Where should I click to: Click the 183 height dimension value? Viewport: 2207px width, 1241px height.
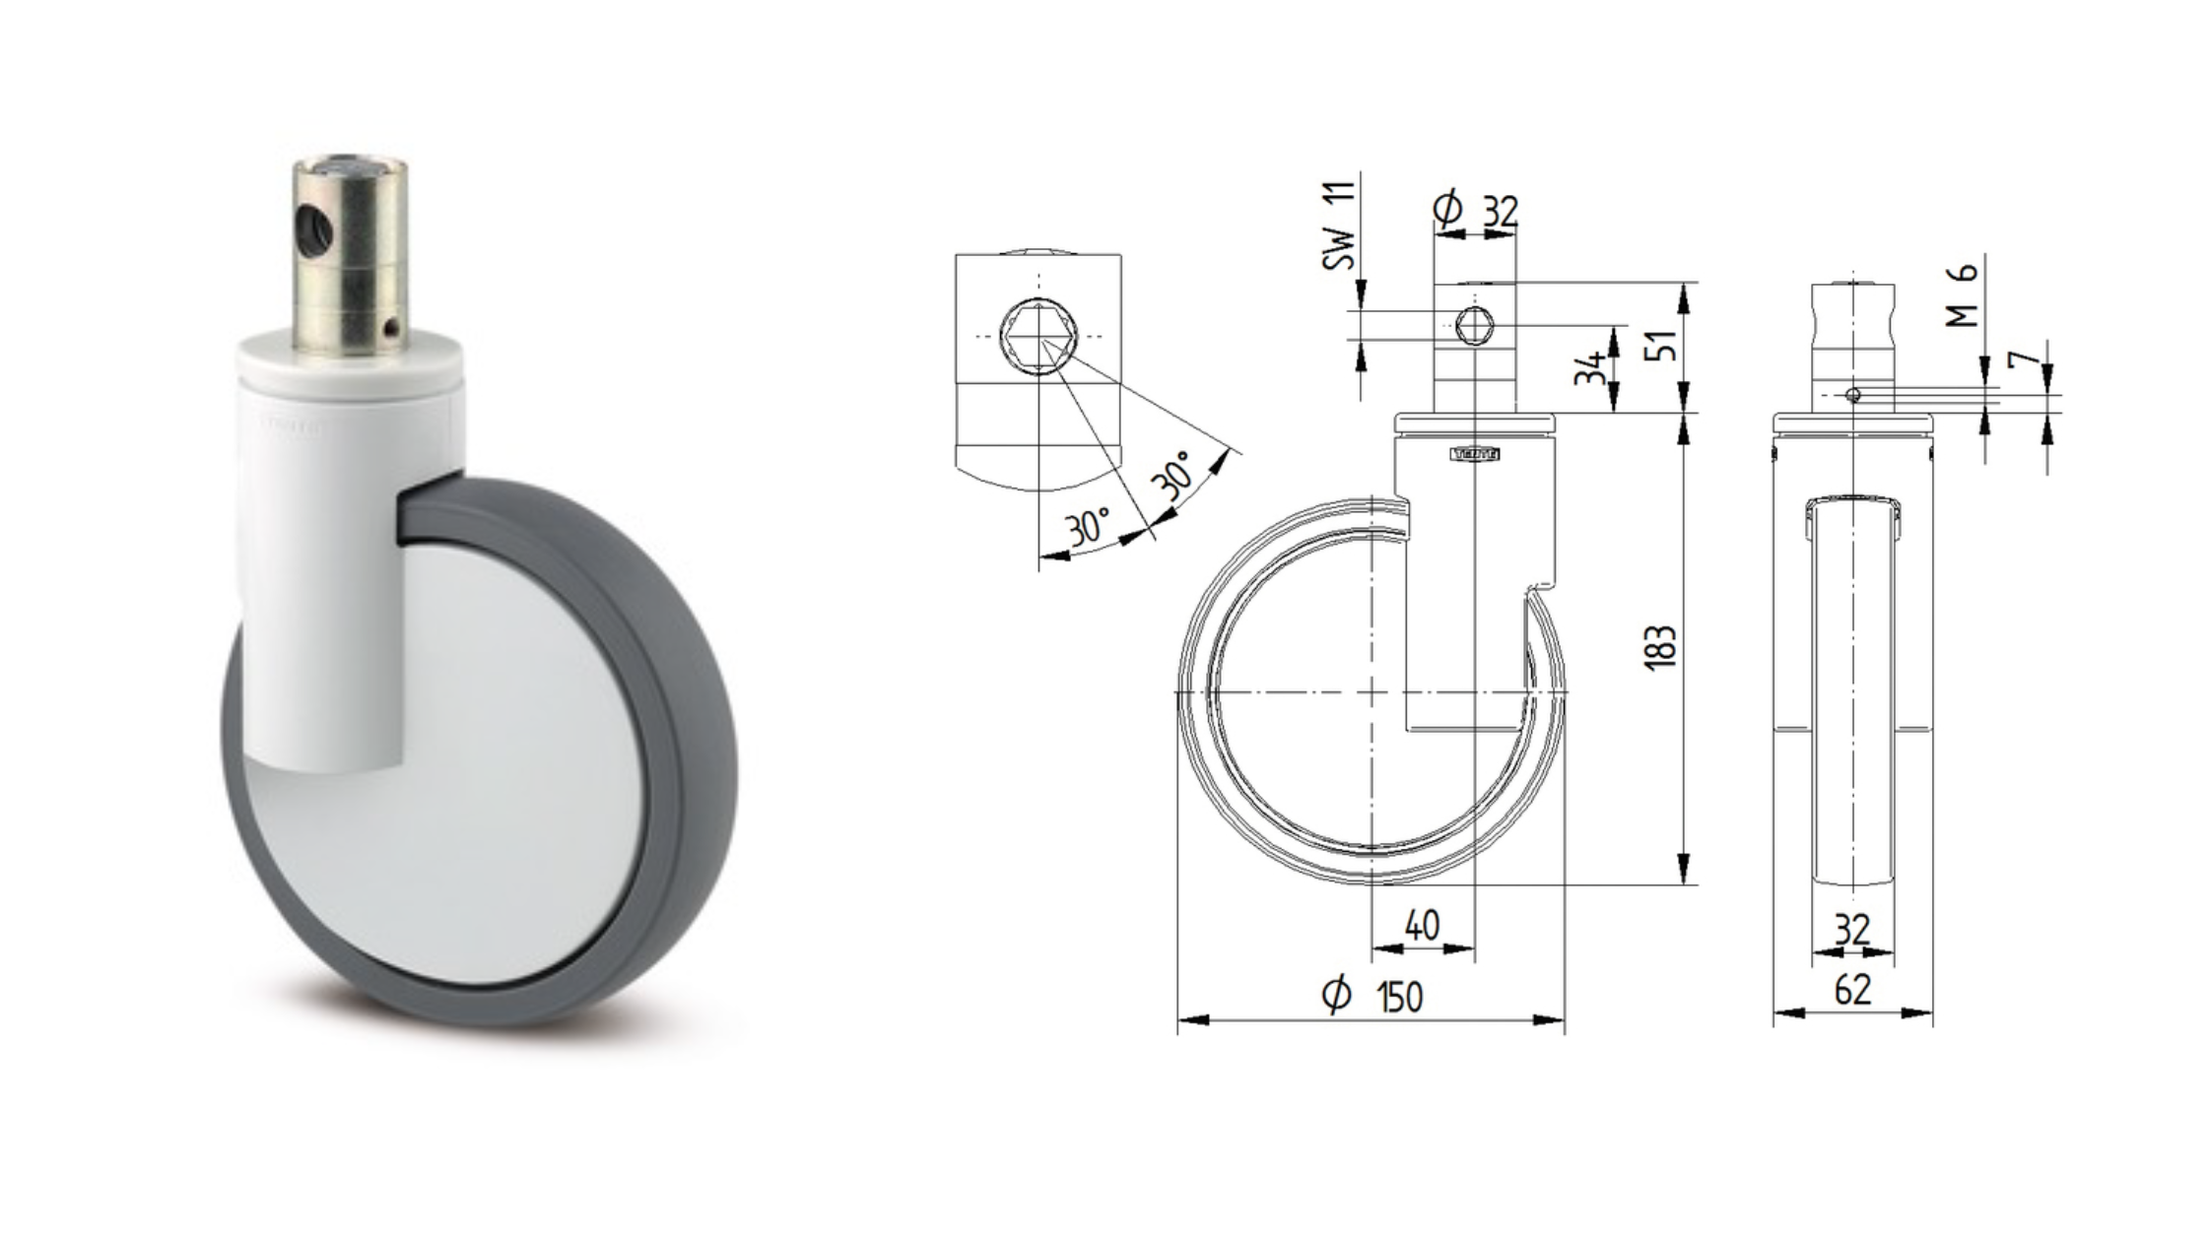(1661, 647)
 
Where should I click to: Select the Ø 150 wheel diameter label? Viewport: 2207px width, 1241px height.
(1372, 996)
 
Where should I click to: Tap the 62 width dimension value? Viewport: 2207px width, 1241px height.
(1852, 990)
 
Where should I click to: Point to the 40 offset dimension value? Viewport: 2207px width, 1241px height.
(1422, 925)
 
